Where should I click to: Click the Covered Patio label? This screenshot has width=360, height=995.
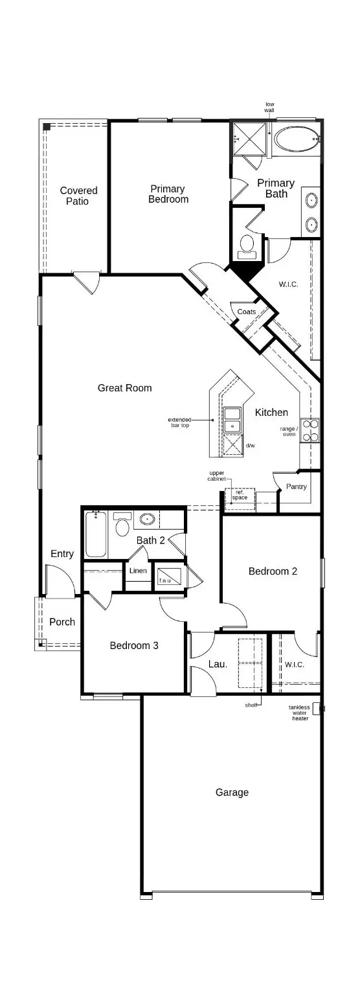(x=78, y=196)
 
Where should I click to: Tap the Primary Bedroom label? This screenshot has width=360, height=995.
(x=168, y=194)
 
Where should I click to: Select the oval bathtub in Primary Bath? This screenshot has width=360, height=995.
(x=296, y=139)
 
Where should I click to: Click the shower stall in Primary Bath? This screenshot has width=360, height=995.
(x=250, y=139)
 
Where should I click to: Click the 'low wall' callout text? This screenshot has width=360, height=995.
(x=269, y=107)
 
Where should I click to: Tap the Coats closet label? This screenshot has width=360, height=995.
(x=246, y=312)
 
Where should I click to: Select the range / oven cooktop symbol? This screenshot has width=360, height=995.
(x=310, y=430)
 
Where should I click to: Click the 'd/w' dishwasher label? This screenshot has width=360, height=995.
(x=251, y=446)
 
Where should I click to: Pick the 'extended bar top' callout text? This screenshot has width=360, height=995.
(x=179, y=422)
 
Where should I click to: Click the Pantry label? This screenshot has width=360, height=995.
(x=296, y=486)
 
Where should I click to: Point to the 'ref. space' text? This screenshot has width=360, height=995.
(x=240, y=494)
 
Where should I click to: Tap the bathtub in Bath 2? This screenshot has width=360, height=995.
(x=96, y=534)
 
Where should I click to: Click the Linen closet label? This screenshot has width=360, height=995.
(x=138, y=571)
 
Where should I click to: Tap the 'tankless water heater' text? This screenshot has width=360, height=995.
(x=299, y=713)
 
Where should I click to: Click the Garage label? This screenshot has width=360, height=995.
(x=232, y=792)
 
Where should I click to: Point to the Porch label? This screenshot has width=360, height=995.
(x=62, y=622)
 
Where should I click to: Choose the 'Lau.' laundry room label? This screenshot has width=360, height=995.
(x=217, y=664)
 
